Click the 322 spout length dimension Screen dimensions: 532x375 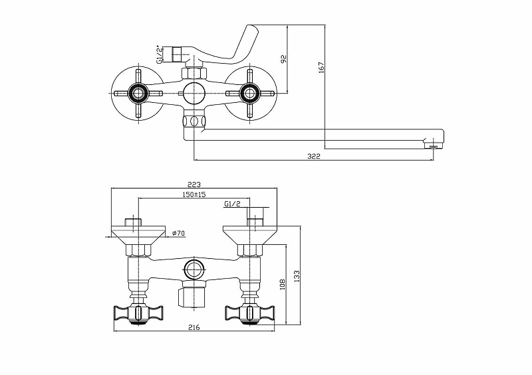(313, 156)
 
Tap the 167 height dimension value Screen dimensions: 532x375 (321, 67)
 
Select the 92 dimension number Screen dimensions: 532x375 (284, 58)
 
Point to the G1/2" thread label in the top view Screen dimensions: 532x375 (159, 54)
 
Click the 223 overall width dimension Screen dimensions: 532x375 (194, 185)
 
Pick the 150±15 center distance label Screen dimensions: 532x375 (194, 194)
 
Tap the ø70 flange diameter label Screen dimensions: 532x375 (178, 233)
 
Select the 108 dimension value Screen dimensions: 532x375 (283, 284)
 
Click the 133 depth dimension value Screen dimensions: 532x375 (297, 276)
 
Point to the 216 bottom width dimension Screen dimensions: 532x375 (194, 327)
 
